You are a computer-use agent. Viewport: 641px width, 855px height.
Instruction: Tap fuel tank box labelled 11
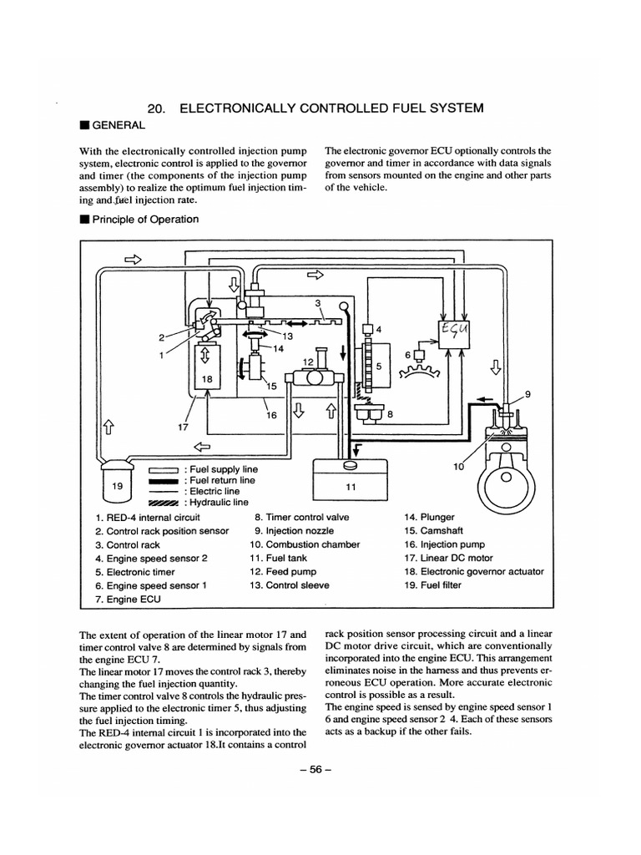click(x=351, y=483)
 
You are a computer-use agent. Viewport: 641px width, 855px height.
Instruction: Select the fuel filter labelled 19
click(x=116, y=486)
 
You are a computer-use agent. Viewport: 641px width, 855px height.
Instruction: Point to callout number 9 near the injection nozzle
click(x=527, y=394)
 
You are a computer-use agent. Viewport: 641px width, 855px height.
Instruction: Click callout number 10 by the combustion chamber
click(x=458, y=468)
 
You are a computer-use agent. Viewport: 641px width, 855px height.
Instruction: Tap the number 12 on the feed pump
click(x=307, y=362)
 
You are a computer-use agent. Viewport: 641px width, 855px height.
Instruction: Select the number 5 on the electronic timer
click(x=377, y=365)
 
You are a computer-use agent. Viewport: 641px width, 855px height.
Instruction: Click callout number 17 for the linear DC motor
click(x=184, y=428)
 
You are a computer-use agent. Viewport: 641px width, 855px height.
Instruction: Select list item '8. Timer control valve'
click(x=301, y=517)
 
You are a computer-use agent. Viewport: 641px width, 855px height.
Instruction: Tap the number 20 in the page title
click(x=156, y=108)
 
